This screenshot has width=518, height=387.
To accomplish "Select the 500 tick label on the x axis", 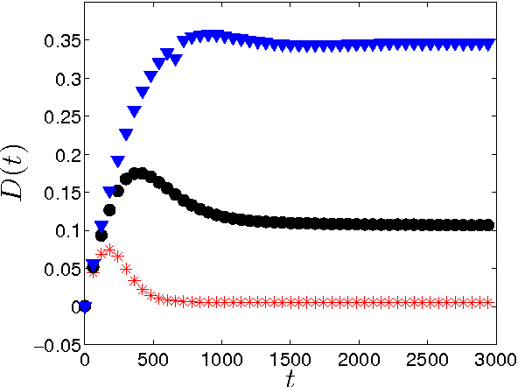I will point(153,360).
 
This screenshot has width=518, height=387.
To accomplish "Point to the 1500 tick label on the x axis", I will point(290,360).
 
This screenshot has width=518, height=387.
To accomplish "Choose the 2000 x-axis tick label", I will point(359,360).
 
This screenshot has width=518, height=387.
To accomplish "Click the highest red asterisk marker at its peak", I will point(109,250).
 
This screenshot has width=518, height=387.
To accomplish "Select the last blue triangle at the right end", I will point(489,44).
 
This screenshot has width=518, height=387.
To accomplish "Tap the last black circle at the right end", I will point(488,225).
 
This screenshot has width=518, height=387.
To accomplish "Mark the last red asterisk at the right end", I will point(489,302).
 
